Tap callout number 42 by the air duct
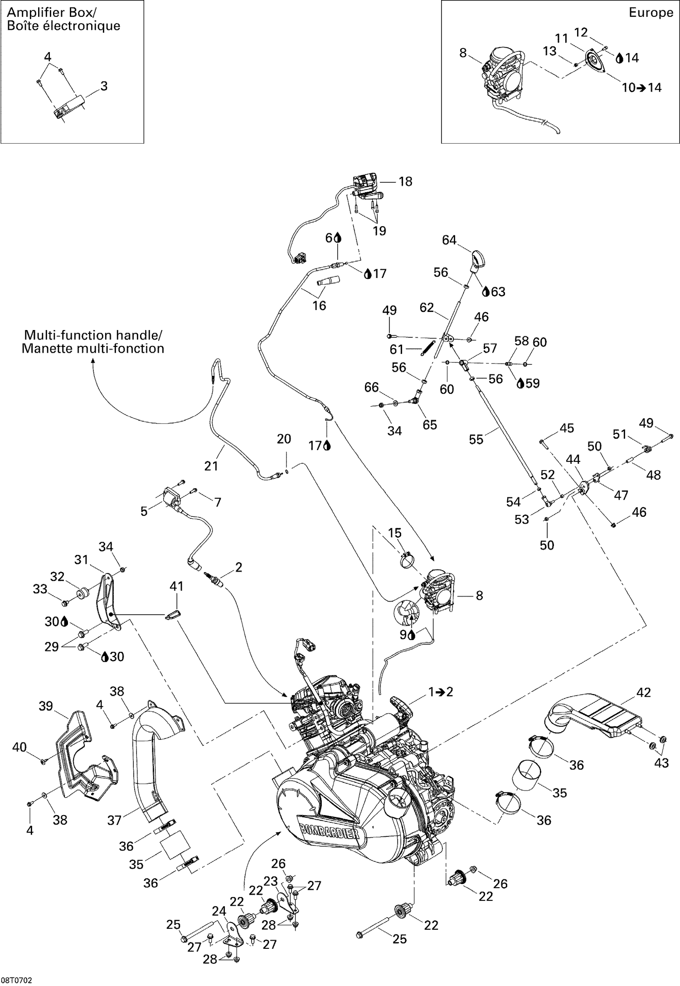(x=643, y=692)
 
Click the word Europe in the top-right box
(x=651, y=13)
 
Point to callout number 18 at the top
(x=405, y=181)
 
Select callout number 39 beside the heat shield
(x=46, y=706)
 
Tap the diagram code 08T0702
(x=16, y=979)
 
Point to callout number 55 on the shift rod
(x=476, y=439)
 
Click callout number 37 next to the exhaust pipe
(x=115, y=820)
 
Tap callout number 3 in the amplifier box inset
(x=104, y=86)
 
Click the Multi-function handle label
(x=93, y=342)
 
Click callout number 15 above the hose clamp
(x=394, y=533)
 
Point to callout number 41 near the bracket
(x=176, y=586)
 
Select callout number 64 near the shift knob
(x=449, y=240)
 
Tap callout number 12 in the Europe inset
(x=581, y=32)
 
